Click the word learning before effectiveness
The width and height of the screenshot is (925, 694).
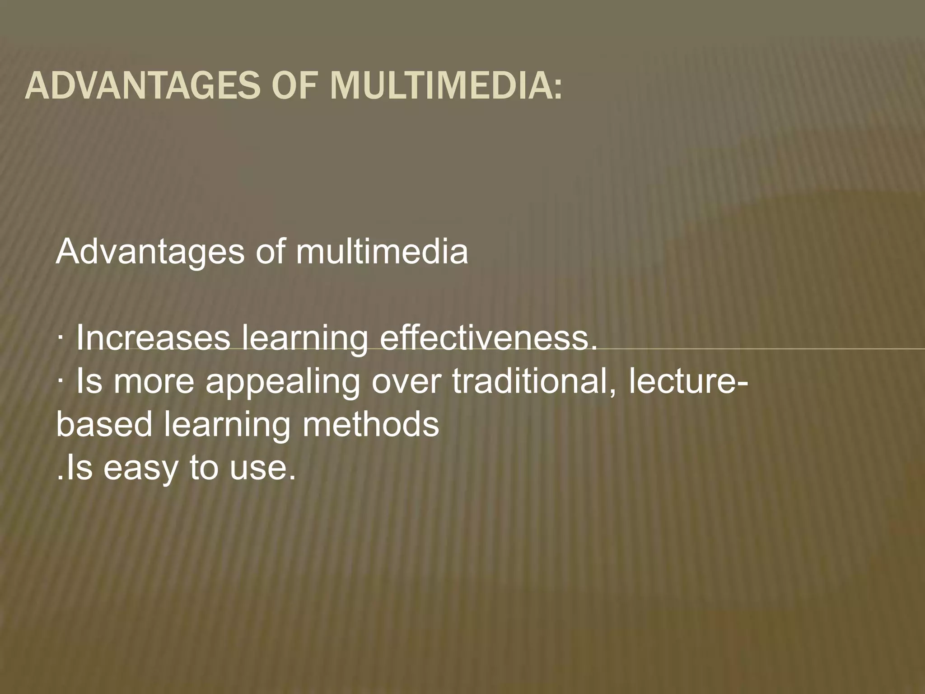(x=305, y=340)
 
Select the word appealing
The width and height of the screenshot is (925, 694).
(x=283, y=383)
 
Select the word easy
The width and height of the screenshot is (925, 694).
(x=140, y=469)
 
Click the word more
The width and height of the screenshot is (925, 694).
(x=154, y=382)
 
